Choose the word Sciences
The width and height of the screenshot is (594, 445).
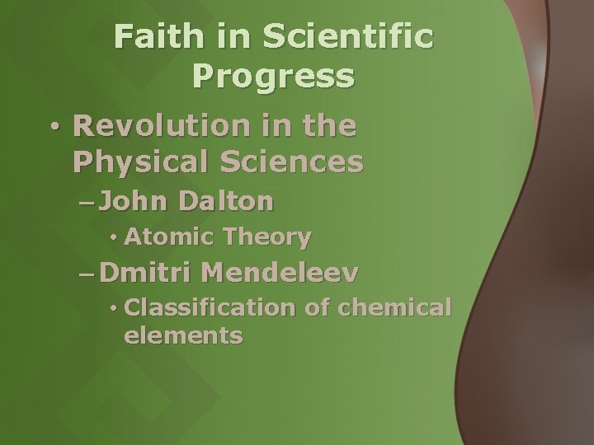(299, 162)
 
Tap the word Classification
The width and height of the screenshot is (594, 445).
(210, 308)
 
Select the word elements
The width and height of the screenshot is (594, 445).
(182, 336)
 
